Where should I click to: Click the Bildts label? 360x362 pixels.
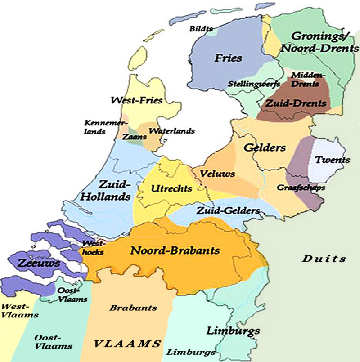tap(201, 29)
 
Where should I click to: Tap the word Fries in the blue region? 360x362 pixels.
tap(228, 58)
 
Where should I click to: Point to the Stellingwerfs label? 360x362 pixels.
tap(254, 84)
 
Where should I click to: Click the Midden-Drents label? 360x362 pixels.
tap(306, 79)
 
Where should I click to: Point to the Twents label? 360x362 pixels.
tap(332, 160)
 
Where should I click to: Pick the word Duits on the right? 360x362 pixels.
tap(324, 259)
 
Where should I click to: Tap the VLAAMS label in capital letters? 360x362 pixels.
tap(127, 344)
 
